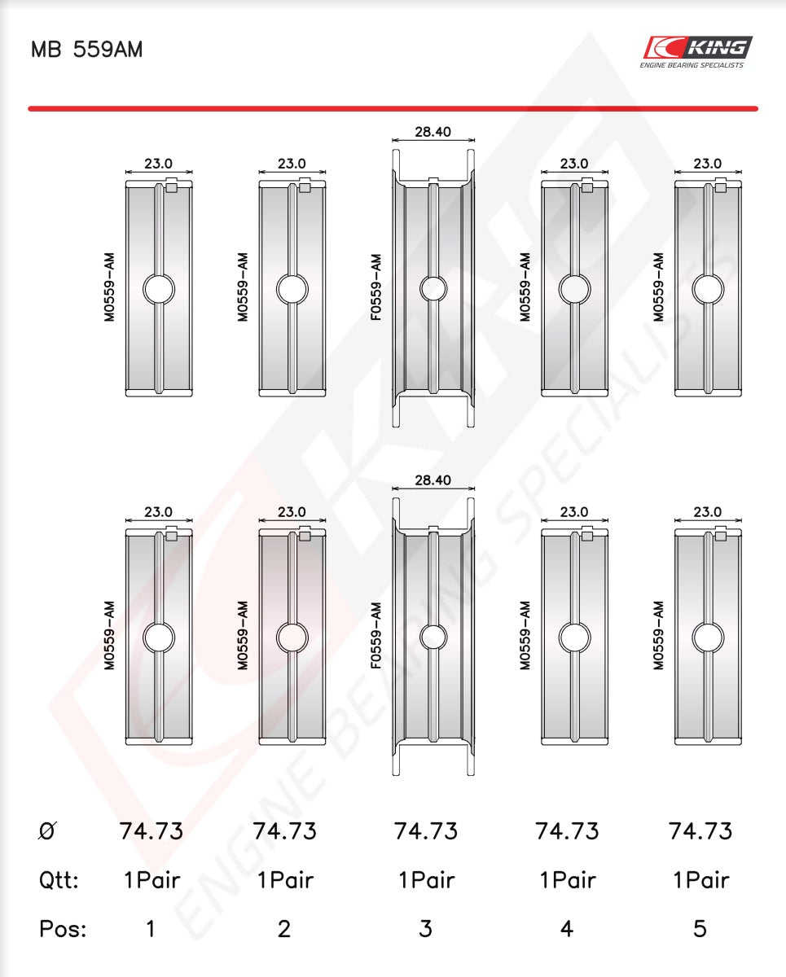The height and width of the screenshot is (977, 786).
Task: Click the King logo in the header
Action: tap(697, 52)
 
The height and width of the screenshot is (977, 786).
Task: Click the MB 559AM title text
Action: tap(87, 49)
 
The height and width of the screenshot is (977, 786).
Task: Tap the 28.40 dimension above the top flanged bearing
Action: tap(433, 132)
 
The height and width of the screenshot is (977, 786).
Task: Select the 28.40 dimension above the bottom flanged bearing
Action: tap(433, 480)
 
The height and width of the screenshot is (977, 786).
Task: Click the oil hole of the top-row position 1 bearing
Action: tap(159, 289)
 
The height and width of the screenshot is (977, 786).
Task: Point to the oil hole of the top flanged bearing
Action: tap(433, 288)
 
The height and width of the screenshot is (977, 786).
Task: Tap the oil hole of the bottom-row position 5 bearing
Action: tap(708, 637)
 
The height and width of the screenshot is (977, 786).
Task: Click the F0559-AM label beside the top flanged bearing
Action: tap(375, 287)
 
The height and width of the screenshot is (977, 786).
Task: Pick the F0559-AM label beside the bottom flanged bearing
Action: tap(375, 636)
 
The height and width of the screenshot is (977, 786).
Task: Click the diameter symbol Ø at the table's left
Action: tap(46, 831)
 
